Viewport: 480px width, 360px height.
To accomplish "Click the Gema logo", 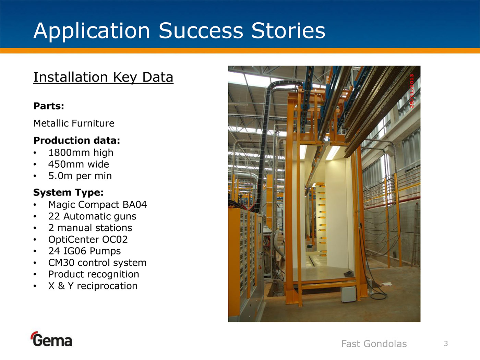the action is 51,339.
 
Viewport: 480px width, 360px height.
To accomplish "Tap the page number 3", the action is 446,344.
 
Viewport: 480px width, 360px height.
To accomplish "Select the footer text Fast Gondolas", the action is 374,344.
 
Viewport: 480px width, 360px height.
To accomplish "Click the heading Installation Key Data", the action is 103,77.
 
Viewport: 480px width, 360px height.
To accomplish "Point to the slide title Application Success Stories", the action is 179,31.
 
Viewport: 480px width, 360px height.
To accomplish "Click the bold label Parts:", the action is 49,106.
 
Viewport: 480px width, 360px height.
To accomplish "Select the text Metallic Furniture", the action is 74,123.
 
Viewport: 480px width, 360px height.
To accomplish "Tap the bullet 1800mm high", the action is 81,153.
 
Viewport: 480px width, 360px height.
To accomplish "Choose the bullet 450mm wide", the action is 79,164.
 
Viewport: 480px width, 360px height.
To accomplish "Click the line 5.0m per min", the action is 80,176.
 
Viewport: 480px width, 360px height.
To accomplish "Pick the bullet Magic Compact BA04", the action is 97,205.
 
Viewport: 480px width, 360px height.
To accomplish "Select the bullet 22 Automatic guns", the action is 92,216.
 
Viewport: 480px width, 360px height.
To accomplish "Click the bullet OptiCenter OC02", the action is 88,240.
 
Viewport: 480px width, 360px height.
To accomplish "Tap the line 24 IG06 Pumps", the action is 84,251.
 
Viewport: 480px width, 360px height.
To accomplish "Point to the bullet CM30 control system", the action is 97,263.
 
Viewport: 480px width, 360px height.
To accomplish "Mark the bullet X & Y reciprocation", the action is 93,286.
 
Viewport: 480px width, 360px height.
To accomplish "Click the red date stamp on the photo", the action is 412,91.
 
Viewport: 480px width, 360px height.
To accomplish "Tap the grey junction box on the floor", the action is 348,294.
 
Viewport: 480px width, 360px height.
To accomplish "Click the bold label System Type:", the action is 68,193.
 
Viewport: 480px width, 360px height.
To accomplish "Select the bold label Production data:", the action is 76,141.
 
